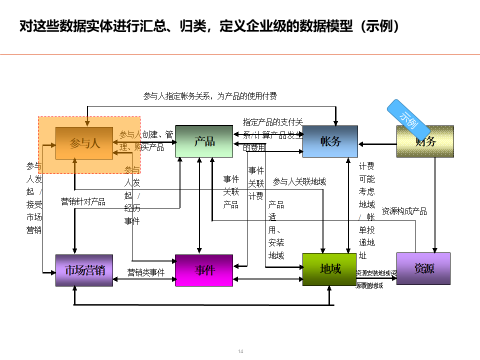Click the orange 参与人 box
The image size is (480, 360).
point(84,143)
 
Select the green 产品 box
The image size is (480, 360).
point(204,141)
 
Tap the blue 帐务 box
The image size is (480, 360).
point(330,141)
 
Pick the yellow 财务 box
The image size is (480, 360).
point(425,141)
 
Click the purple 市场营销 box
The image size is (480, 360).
point(84,270)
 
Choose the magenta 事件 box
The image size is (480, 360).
point(204,270)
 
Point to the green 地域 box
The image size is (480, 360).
point(330,269)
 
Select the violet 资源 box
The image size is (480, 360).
point(423,268)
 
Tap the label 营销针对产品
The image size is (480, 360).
point(83,201)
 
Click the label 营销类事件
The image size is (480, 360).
point(146,272)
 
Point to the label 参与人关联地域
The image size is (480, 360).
point(299,181)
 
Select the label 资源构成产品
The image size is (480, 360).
point(404,211)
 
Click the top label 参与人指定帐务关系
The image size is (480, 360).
point(210,96)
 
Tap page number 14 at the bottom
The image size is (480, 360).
point(240,351)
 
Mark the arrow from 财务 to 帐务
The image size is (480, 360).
point(377,144)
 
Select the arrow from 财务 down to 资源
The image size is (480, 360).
point(435,205)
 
